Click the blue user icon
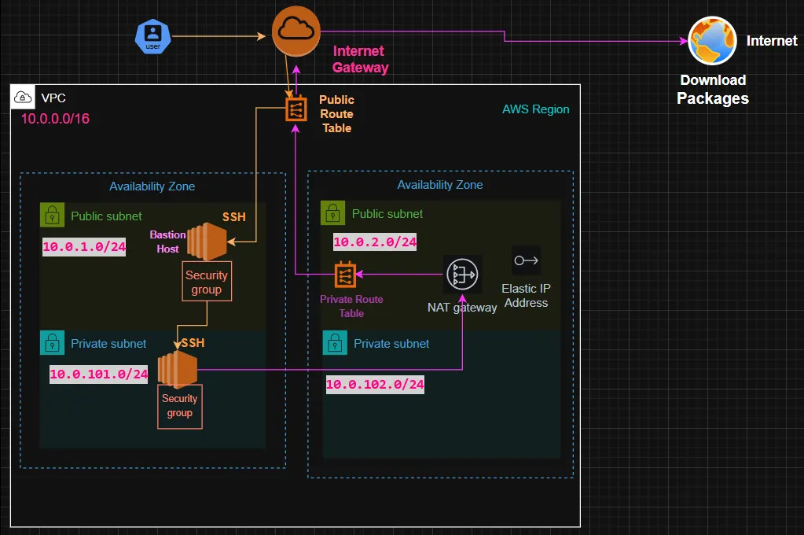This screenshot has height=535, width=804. coord(153,36)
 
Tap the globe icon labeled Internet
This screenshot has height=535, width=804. coord(711,41)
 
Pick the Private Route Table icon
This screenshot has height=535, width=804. coord(345,275)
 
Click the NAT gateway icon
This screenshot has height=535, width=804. coord(462,275)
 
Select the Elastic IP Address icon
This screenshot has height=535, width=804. coord(526,260)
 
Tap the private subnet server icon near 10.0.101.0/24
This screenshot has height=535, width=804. coord(176,369)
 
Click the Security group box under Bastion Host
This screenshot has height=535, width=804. coord(207,282)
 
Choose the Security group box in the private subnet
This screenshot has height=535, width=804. coord(180,406)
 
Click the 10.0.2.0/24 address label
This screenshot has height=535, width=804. coord(374,242)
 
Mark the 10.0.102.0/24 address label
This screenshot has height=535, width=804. coord(375,385)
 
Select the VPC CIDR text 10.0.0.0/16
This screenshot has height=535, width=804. coord(56,118)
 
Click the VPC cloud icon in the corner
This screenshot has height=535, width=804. coord(23,98)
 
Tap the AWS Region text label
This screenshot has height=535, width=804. coord(535,109)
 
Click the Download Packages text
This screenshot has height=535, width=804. coord(713,90)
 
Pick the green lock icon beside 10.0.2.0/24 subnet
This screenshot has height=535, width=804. coord(333,213)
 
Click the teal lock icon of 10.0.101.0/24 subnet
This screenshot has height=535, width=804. coord(51,343)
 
